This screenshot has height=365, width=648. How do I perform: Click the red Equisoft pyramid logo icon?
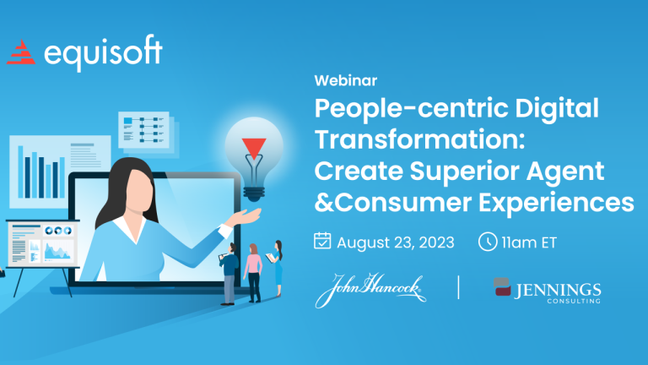(x=21, y=52)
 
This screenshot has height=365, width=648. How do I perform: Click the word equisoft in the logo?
(x=103, y=53)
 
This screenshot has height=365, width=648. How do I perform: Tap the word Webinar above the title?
(x=345, y=80)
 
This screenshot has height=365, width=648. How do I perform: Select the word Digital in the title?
(x=557, y=108)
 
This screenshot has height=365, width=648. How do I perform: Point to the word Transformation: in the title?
(x=419, y=139)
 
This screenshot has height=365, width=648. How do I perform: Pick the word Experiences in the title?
(x=556, y=203)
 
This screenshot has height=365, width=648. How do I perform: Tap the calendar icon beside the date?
(x=322, y=241)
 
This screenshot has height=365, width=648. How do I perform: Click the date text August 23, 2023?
(x=396, y=242)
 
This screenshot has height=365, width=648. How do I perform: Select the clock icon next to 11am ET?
(x=488, y=242)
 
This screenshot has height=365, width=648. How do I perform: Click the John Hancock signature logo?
(x=370, y=289)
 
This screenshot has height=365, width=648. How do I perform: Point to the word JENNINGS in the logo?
(x=558, y=291)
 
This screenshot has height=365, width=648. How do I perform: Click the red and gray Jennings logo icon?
(x=502, y=287)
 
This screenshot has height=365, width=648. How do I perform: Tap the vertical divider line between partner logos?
(x=458, y=287)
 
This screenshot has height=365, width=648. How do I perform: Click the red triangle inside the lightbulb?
(x=254, y=148)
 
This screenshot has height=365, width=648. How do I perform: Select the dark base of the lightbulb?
(x=254, y=193)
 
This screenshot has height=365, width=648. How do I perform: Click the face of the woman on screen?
(x=139, y=190)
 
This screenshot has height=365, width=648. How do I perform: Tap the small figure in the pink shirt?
(x=253, y=273)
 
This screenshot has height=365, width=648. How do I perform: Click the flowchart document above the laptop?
(x=143, y=129)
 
